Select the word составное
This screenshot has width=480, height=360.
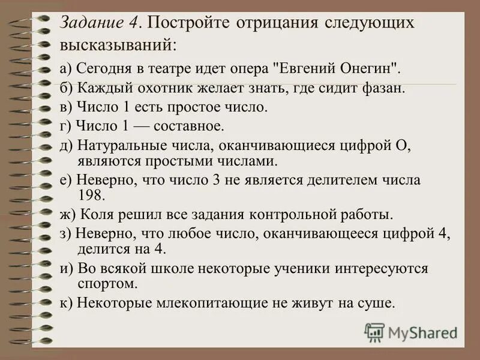point(188,127)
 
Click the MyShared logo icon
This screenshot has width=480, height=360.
point(375,332)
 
